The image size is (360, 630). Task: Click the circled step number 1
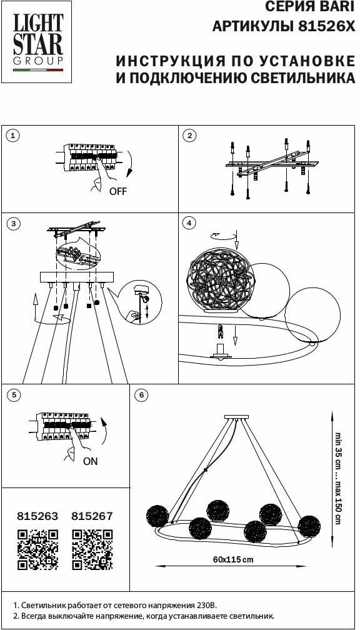pyautogui.click(x=13, y=136)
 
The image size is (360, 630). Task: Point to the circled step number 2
pyautogui.click(x=189, y=136)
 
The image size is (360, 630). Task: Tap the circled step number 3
pyautogui.click(x=13, y=224)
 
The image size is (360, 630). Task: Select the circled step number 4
pyautogui.click(x=189, y=223)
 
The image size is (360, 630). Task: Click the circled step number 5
pyautogui.click(x=13, y=395)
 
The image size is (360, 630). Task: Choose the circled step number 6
pyautogui.click(x=141, y=395)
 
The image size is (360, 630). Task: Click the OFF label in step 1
pyautogui.click(x=118, y=191)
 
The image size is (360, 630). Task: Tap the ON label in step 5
pyautogui.click(x=91, y=461)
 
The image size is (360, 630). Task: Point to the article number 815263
pyautogui.click(x=37, y=516)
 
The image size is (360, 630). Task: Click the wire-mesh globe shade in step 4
pyautogui.click(x=220, y=281)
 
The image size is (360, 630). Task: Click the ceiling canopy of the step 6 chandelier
pyautogui.click(x=237, y=417)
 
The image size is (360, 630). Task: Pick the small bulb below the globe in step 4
pyautogui.click(x=220, y=332)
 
